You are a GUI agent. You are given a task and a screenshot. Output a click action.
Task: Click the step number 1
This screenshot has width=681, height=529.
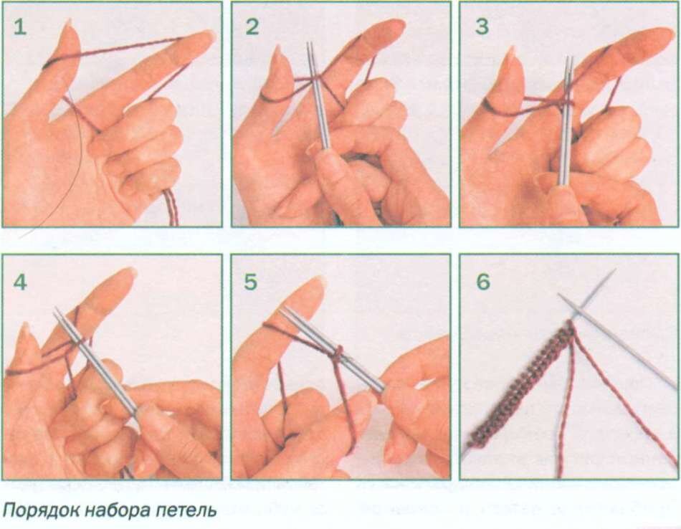coord(20,27)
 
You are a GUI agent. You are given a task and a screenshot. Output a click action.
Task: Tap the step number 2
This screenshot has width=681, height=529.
coord(252,27)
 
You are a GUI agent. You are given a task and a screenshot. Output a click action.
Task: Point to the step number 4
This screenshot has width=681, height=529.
coord(20,282)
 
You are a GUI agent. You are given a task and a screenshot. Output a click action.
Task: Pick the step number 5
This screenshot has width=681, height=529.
coord(251,282)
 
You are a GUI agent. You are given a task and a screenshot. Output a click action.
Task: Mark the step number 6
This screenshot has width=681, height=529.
coord(483,282)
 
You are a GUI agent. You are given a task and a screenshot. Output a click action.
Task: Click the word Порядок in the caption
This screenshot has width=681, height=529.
coord(41,510)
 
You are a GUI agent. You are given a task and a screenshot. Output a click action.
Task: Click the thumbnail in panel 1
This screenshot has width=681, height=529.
coord(68,30)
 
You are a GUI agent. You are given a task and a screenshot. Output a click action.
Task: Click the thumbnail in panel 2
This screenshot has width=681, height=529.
coord(276,55)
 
